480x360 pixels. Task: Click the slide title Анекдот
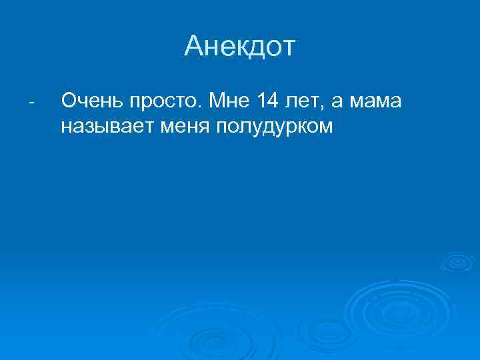[x=240, y=47]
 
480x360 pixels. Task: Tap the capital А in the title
[x=195, y=47]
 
